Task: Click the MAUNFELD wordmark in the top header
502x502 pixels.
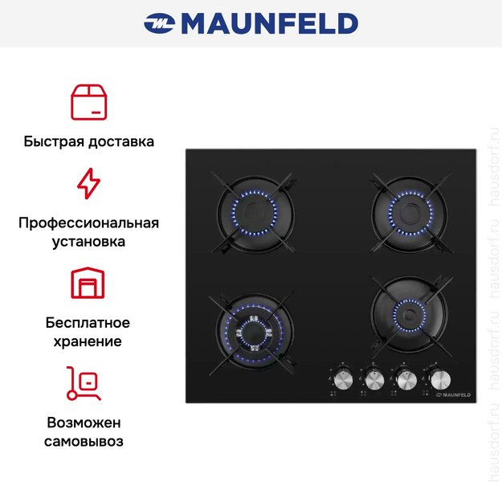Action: coord(269,23)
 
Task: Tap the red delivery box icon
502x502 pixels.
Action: coord(88,100)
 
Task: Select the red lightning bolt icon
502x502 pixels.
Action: coord(88,184)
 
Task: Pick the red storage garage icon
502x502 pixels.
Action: coord(88,283)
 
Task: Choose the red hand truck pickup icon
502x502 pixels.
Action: coord(84,382)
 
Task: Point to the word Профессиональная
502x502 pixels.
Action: coord(88,222)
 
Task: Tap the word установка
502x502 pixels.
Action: coord(88,241)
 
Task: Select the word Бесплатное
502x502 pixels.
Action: coord(88,323)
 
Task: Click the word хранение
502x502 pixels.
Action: coord(88,341)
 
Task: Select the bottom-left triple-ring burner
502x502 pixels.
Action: coord(254,330)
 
